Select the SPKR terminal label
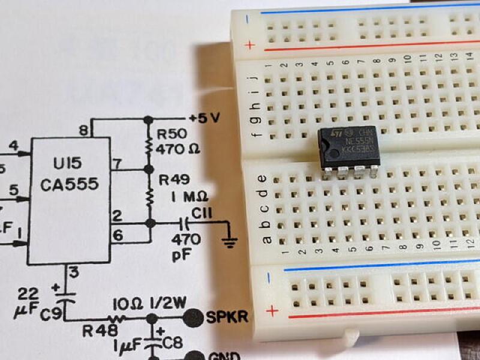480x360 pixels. pyautogui.click(x=227, y=316)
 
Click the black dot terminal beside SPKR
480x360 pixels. pyautogui.click(x=193, y=317)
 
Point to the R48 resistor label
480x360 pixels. pyautogui.click(x=96, y=331)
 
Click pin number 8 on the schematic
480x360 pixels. pyautogui.click(x=82, y=130)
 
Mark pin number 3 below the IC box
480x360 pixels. pyautogui.click(x=73, y=272)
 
